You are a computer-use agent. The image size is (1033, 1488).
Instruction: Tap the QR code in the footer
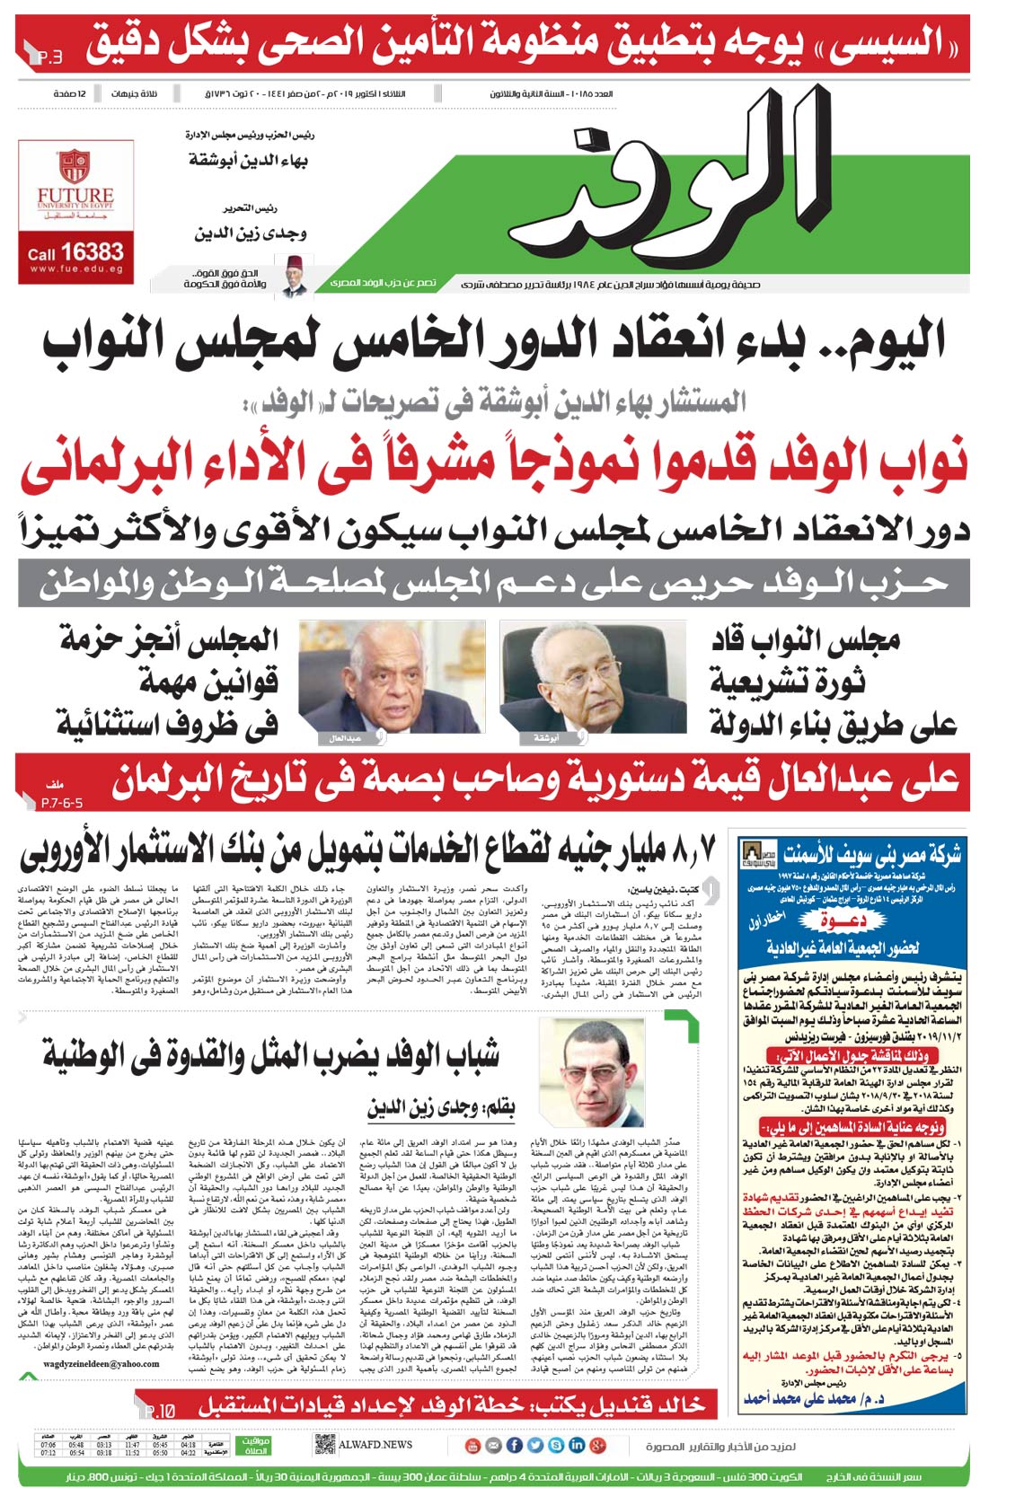click(x=324, y=1445)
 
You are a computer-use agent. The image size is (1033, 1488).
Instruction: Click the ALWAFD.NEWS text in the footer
click(x=375, y=1445)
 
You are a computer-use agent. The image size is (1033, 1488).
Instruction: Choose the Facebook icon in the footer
click(x=514, y=1445)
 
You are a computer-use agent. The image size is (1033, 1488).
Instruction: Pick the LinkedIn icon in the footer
click(x=576, y=1445)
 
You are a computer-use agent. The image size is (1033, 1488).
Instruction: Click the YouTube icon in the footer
click(x=473, y=1445)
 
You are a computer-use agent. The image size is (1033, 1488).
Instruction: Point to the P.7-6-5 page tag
click(x=61, y=803)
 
